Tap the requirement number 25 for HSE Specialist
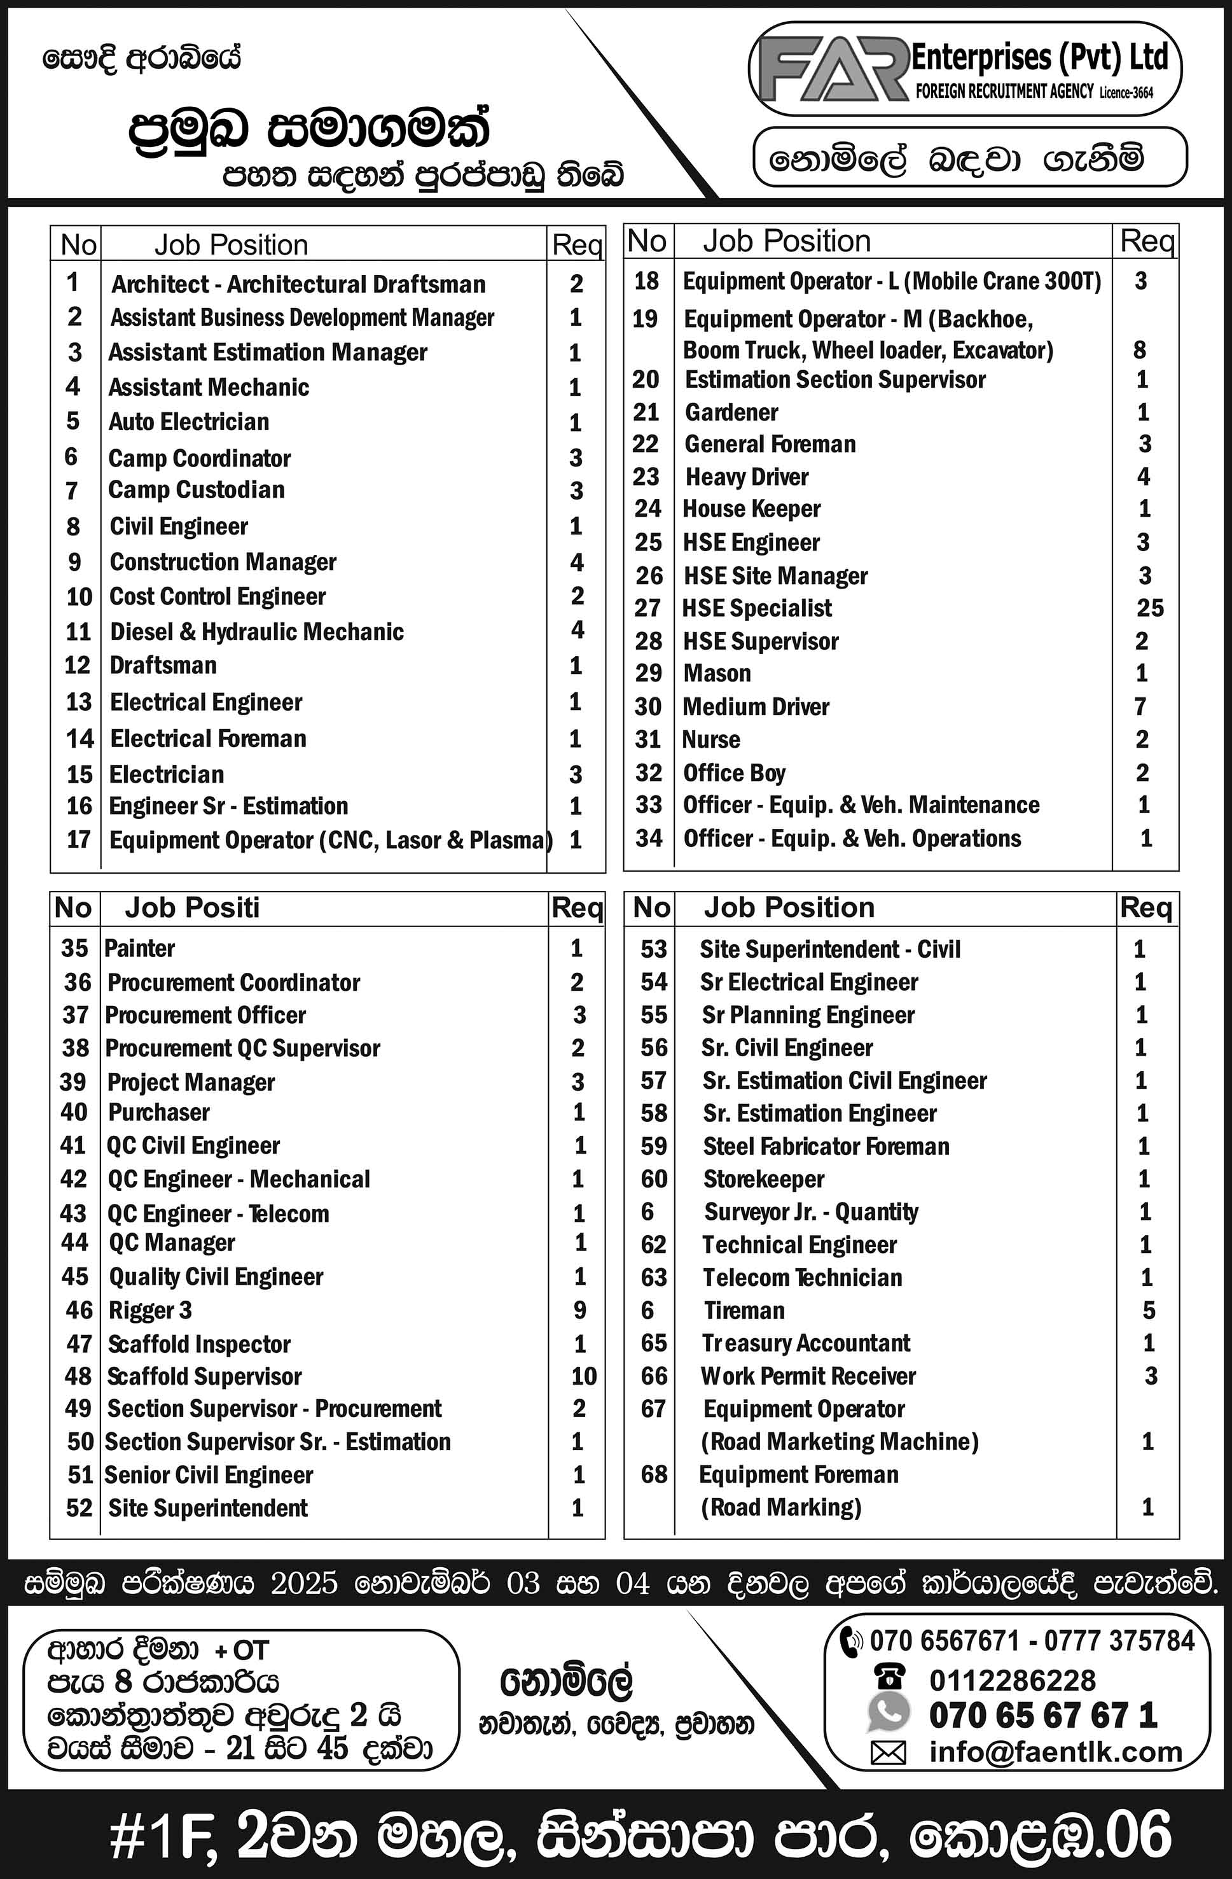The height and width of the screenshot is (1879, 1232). click(x=1149, y=608)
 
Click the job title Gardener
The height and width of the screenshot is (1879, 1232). click(x=731, y=412)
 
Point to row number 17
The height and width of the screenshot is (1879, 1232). click(x=78, y=839)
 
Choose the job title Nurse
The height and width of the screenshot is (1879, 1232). click(x=710, y=740)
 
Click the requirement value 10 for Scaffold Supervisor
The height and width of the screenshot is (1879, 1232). click(x=583, y=1376)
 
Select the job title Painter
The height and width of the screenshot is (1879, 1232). click(x=140, y=948)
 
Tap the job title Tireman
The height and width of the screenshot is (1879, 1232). click(x=744, y=1311)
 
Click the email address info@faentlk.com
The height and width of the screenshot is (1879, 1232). click(x=1055, y=1752)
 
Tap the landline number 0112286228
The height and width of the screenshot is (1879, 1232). click(x=1013, y=1680)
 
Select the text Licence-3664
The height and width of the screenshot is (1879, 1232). click(x=1126, y=93)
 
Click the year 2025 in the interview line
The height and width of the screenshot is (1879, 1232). click(x=304, y=1584)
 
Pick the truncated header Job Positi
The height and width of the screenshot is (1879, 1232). click(x=192, y=908)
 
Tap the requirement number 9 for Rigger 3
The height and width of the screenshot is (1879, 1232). click(x=580, y=1311)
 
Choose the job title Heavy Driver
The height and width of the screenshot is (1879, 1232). click(x=747, y=477)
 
